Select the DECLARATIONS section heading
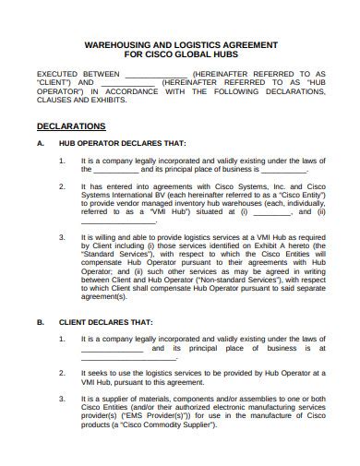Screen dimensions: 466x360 70,125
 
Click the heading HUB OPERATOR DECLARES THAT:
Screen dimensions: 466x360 122,144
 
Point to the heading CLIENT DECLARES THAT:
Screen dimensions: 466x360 106,323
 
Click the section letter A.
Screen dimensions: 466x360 39,144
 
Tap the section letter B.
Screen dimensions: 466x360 39,323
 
